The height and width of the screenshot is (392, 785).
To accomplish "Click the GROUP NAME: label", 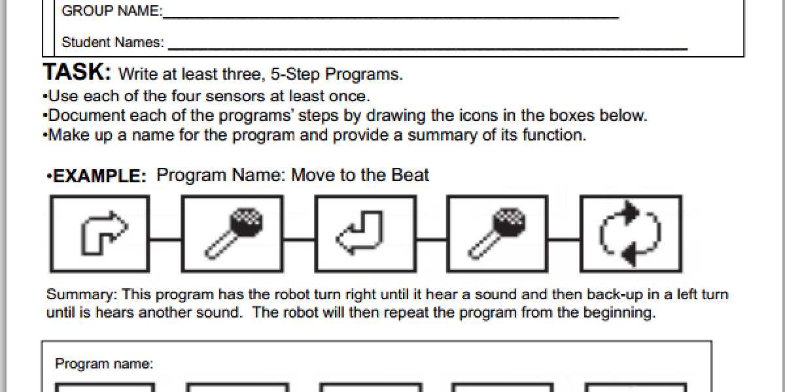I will [112, 11].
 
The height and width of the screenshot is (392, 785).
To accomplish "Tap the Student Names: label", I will [113, 42].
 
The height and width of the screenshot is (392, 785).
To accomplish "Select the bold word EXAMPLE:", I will [99, 177].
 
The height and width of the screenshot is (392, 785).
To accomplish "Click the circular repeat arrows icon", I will [631, 233].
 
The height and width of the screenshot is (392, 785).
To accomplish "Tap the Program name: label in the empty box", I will [104, 364].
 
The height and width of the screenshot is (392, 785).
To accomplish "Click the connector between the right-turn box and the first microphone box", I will [165, 238].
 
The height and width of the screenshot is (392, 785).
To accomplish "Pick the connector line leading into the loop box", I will [563, 238].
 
